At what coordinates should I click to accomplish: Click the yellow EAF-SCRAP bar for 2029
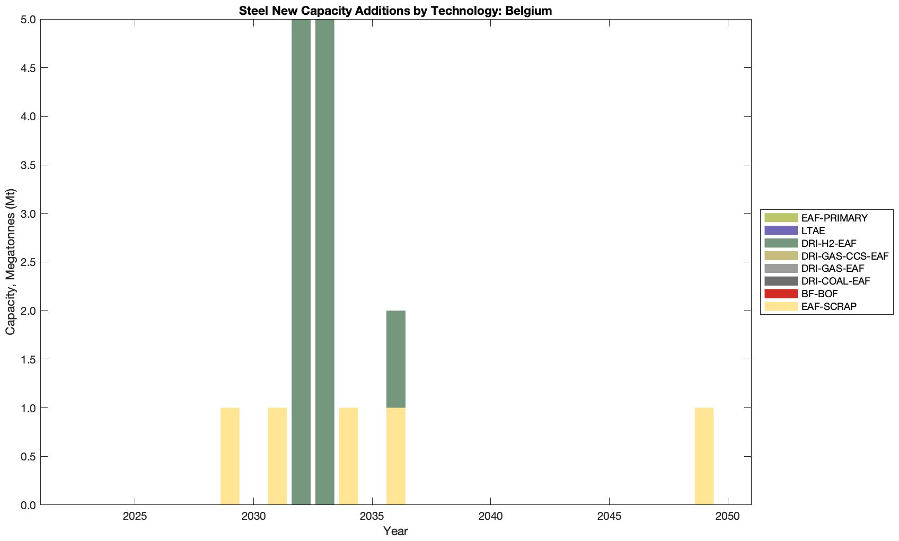point(230,456)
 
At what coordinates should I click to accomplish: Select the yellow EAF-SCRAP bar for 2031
point(277,456)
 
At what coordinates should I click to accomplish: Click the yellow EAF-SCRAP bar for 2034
point(348,456)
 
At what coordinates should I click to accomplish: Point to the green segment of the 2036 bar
point(396,359)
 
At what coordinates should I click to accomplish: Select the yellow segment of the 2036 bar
point(396,456)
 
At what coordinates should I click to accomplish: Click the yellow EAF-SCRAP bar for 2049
point(704,456)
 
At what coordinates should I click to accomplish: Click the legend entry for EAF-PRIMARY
point(834,218)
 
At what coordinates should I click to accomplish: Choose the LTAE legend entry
point(813,230)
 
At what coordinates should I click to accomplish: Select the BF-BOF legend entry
point(819,294)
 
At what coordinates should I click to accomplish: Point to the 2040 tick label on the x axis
point(491,517)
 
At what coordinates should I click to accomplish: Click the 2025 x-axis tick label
point(135,517)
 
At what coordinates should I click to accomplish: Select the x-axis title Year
point(395,531)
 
